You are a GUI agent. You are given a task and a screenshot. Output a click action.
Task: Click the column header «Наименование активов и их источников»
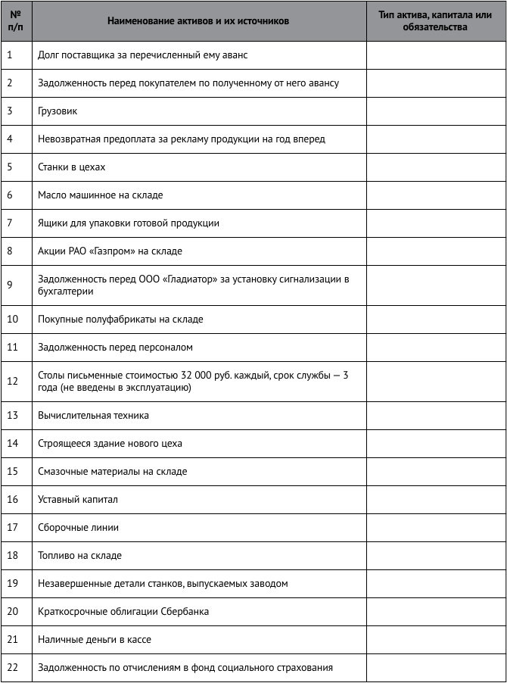[198, 21]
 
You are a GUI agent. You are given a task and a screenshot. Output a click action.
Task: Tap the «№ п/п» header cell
[16, 21]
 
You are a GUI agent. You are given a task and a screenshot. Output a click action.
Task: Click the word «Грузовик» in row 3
[58, 111]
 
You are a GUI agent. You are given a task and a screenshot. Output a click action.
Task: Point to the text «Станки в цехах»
[72, 167]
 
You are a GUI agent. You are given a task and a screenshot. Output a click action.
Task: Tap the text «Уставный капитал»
[78, 500]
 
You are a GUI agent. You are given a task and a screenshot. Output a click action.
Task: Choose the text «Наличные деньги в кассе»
[95, 640]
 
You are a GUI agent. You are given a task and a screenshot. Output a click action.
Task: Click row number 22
[13, 667]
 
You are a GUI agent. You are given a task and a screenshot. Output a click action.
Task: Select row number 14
[13, 443]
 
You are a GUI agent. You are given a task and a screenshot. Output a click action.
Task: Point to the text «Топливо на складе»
[79, 556]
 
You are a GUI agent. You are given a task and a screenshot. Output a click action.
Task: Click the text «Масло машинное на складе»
[101, 195]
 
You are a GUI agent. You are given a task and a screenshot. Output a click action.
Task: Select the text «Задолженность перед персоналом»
[115, 348]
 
